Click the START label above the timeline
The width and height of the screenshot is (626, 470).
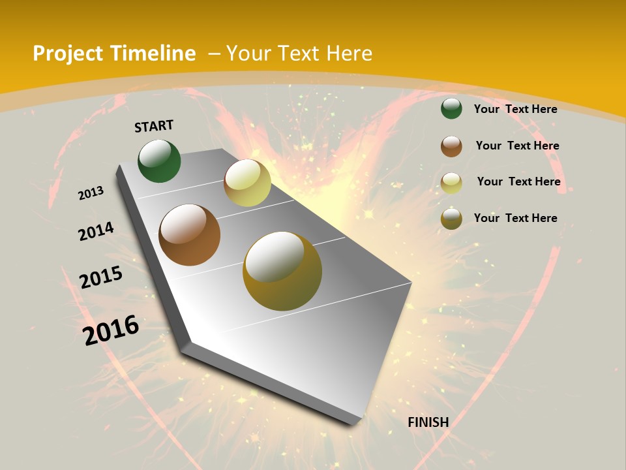154,126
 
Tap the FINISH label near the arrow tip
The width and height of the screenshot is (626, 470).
428,422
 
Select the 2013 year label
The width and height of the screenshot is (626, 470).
91,193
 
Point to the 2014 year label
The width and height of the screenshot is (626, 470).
96,232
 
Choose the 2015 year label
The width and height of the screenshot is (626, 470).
101,277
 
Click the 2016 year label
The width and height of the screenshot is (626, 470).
111,330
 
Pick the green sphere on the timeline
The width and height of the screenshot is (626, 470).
159,161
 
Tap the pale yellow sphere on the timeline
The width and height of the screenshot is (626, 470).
247,183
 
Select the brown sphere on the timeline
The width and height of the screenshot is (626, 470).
189,235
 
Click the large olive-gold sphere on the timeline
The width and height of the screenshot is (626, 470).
282,271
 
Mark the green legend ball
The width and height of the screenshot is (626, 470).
451,109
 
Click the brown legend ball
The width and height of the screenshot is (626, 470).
451,146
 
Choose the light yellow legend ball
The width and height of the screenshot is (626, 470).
451,183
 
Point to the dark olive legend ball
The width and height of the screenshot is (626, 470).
451,219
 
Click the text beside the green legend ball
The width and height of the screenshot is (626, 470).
515,109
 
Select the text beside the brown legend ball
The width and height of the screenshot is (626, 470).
517,146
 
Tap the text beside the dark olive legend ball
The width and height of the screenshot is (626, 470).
515,218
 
